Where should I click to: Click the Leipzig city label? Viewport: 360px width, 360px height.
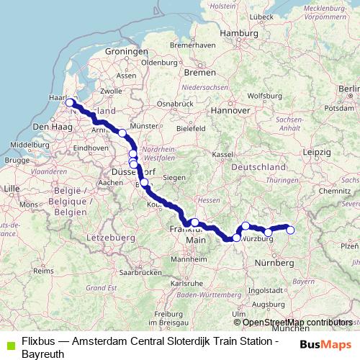point(317,153)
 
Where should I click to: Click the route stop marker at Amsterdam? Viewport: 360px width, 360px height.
point(70,102)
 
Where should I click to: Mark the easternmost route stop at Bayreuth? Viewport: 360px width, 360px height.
point(290,230)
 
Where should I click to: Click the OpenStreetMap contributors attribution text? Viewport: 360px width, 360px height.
point(297,323)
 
